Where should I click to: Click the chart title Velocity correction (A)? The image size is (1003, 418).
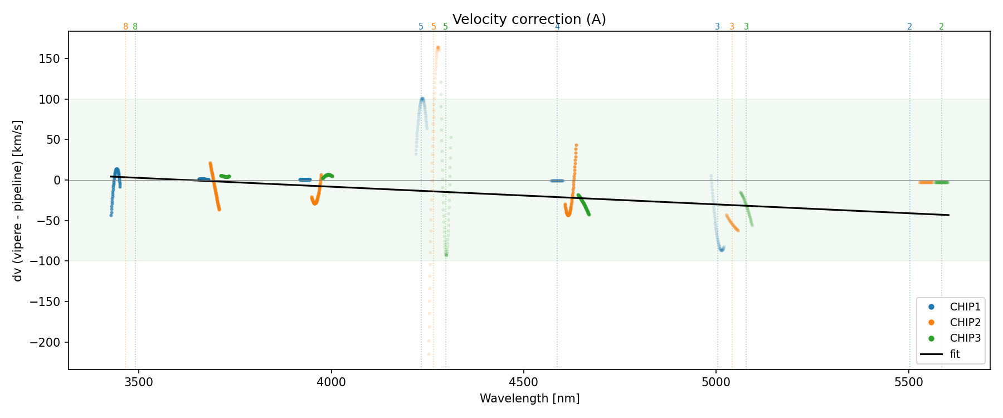pyautogui.click(x=529, y=20)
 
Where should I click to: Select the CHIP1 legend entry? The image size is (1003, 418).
pyautogui.click(x=965, y=307)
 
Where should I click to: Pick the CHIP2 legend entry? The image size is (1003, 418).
pyautogui.click(x=965, y=322)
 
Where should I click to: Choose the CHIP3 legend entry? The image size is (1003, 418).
pyautogui.click(x=965, y=338)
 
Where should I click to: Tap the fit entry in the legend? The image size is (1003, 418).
pyautogui.click(x=955, y=354)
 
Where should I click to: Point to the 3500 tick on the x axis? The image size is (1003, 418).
pyautogui.click(x=138, y=382)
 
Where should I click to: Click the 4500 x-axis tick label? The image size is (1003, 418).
pyautogui.click(x=523, y=382)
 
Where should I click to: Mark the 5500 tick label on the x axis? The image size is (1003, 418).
pyautogui.click(x=908, y=382)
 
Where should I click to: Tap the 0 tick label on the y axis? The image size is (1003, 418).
pyautogui.click(x=57, y=180)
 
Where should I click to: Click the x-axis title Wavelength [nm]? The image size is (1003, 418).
pyautogui.click(x=529, y=398)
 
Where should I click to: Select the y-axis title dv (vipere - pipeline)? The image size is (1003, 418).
pyautogui.click(x=18, y=201)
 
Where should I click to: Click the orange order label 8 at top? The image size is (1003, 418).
pyautogui.click(x=125, y=27)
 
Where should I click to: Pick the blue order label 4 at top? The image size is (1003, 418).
pyautogui.click(x=557, y=27)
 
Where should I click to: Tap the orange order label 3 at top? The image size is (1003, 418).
pyautogui.click(x=732, y=27)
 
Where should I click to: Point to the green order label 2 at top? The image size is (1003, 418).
pyautogui.click(x=941, y=27)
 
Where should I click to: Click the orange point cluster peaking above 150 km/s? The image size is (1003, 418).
pyautogui.click(x=438, y=48)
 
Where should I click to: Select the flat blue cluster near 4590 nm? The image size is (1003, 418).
pyautogui.click(x=557, y=181)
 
